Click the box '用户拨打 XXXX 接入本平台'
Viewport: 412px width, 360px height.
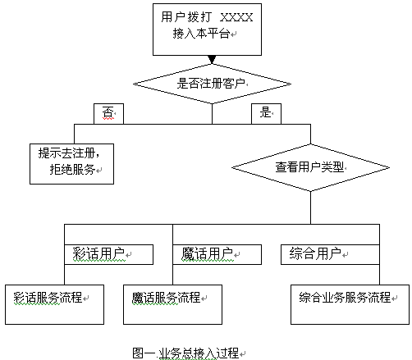click(207, 30)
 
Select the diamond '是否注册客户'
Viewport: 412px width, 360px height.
click(212, 84)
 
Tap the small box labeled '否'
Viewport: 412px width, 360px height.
click(108, 114)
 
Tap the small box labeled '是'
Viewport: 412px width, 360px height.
click(266, 114)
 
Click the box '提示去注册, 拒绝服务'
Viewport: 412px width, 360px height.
click(71, 164)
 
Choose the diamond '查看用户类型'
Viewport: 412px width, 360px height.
click(310, 167)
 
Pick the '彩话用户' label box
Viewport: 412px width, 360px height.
click(108, 254)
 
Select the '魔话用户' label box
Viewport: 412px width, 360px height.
click(217, 254)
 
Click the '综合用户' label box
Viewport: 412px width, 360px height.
click(330, 254)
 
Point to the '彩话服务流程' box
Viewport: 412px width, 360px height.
click(54, 304)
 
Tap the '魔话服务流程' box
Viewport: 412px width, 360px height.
click(172, 304)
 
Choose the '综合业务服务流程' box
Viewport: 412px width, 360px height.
click(350, 304)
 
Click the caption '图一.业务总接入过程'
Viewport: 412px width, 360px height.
click(185, 353)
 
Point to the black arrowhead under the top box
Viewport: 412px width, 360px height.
click(212, 59)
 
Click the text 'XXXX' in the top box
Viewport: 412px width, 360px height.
click(236, 17)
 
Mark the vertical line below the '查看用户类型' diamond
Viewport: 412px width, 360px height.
click(310, 207)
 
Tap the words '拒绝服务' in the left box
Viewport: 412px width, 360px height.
click(72, 170)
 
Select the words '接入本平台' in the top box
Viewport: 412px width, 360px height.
click(201, 34)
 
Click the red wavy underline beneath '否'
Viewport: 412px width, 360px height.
click(108, 119)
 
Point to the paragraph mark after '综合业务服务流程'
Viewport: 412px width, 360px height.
click(394, 298)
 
